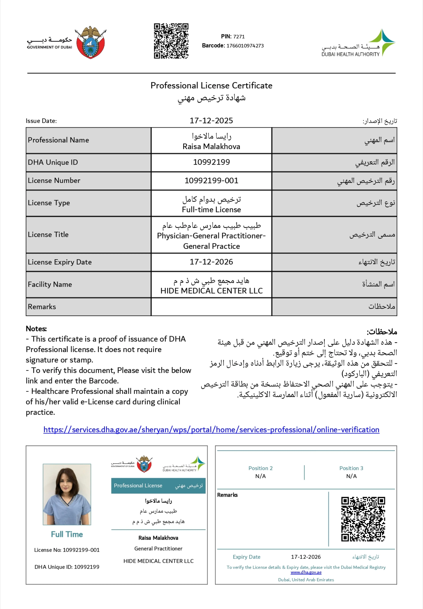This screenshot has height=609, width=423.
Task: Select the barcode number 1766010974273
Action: (x=245, y=46)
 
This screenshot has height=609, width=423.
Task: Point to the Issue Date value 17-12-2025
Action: (x=211, y=121)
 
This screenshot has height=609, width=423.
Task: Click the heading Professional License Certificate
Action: (x=211, y=85)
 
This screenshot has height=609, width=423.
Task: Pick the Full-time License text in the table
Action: (x=211, y=210)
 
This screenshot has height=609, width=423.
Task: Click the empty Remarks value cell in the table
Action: (x=211, y=307)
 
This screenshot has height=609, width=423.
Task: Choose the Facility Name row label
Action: (x=50, y=284)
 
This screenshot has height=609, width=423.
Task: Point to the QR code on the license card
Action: (x=363, y=519)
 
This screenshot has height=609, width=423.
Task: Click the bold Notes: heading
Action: (x=36, y=329)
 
